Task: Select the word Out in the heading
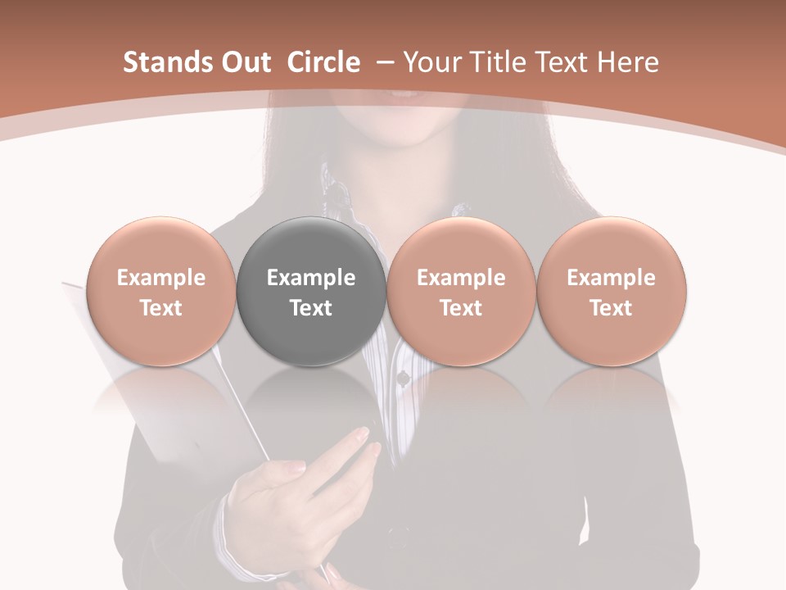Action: click(243, 62)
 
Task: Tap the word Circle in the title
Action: click(323, 62)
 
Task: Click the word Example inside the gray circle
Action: click(311, 278)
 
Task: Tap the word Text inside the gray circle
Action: click(311, 308)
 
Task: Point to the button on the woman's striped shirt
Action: click(403, 378)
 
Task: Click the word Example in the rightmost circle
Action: click(611, 278)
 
